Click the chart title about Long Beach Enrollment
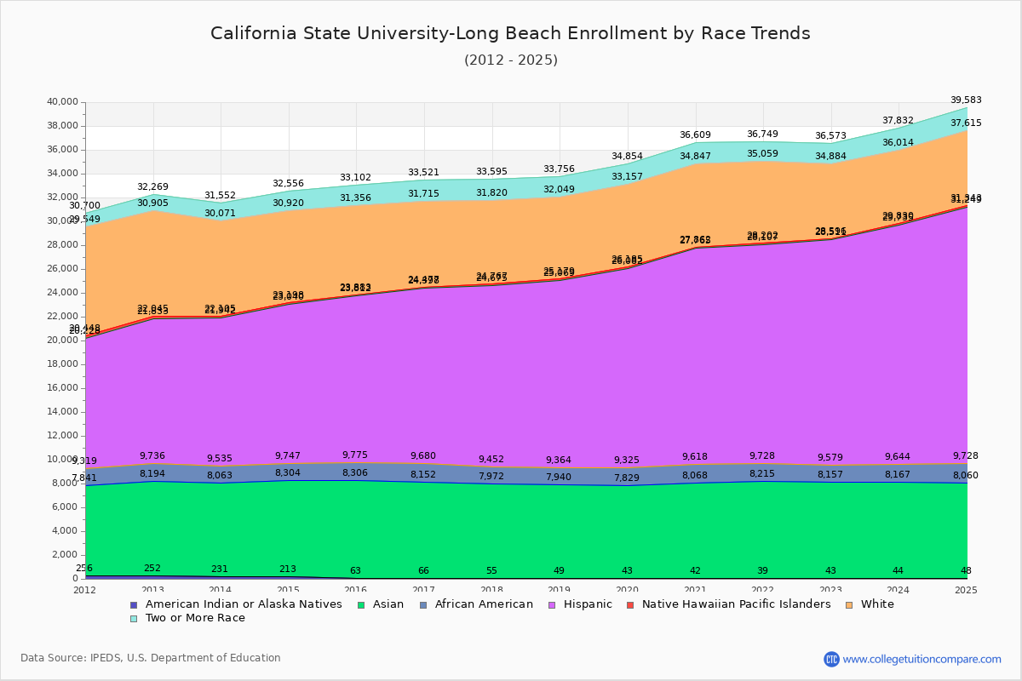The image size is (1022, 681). (510, 33)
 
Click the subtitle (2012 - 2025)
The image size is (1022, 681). (510, 60)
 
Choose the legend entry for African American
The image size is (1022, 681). (482, 604)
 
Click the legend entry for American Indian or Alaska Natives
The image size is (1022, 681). (244, 604)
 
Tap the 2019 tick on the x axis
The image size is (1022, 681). (560, 590)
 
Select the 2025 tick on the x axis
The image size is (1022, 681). (967, 590)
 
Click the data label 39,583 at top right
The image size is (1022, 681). (966, 100)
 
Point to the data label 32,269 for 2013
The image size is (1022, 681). (153, 187)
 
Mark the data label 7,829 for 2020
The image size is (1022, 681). (628, 478)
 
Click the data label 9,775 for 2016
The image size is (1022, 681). (356, 455)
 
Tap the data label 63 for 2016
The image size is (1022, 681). (356, 571)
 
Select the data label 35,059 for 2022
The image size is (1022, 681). (763, 154)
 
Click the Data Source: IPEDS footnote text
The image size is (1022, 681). (151, 658)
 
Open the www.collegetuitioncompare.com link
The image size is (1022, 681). (922, 659)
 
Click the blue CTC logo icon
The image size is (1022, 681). (831, 659)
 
